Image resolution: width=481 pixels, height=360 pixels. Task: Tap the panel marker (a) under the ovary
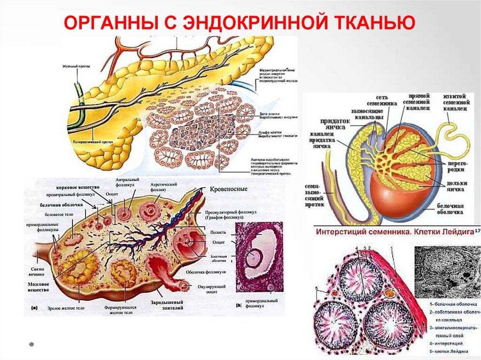[34, 308]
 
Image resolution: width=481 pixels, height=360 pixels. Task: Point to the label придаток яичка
[336, 124]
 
